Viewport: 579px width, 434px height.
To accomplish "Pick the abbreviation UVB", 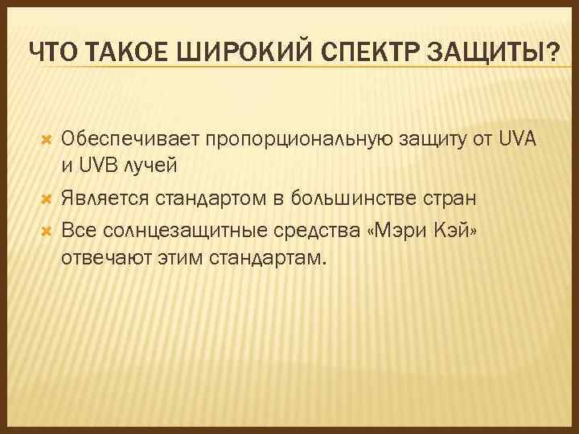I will (96, 166).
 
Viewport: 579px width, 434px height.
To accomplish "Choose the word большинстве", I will (357, 197).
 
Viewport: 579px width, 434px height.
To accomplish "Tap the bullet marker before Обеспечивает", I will (47, 141).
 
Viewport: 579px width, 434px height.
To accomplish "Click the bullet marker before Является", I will (47, 198).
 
